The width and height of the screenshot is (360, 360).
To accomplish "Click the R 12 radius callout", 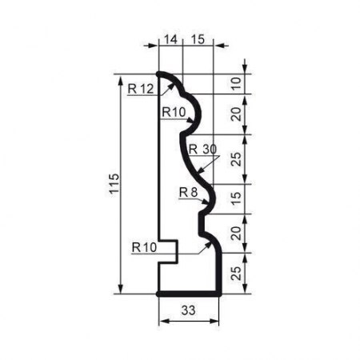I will (x=140, y=88).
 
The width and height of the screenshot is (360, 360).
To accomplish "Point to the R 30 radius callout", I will (x=203, y=150).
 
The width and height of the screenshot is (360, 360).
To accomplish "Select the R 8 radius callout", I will (x=188, y=192).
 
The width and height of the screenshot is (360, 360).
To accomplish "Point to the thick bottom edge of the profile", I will (x=189, y=294).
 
